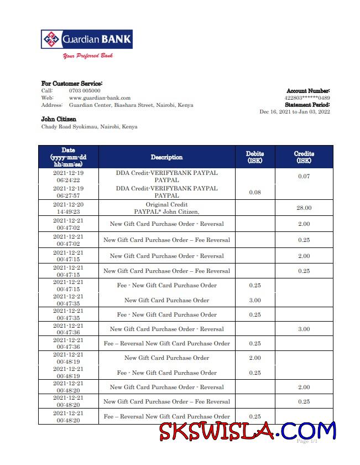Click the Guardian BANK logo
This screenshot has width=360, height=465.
pos(87,39)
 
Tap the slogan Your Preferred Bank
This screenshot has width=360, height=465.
pos(88,56)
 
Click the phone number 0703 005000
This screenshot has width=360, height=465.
pos(85,90)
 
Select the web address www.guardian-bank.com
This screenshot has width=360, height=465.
pos(100,97)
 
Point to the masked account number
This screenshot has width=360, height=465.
pos(307,98)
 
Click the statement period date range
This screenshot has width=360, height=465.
pos(295,112)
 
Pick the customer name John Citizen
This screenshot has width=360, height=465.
pos(59,119)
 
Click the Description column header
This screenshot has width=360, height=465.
pos(166,157)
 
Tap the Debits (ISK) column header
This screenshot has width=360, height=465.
pos(254,157)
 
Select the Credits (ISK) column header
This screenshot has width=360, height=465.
pos(304,157)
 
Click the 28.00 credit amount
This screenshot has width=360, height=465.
pos(304,208)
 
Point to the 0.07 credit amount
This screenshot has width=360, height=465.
pos(304,176)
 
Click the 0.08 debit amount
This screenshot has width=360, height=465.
pos(254,192)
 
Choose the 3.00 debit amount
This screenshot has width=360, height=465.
pos(254,300)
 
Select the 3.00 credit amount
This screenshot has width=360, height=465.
pos(304,329)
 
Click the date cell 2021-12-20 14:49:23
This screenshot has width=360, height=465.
pos(68,208)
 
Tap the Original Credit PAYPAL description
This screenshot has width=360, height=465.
pos(166,208)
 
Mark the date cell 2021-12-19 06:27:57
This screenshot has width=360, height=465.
pos(68,192)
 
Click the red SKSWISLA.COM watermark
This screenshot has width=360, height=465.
pos(248,431)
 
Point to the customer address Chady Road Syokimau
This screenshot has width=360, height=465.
pos(89,127)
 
